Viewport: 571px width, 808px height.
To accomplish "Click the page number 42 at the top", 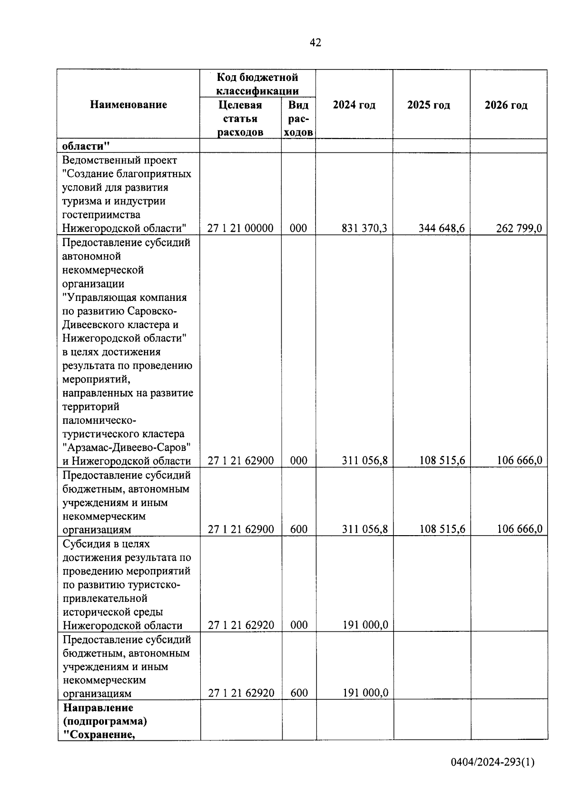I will (x=315, y=43).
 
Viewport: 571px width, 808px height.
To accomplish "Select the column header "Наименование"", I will (x=128, y=105).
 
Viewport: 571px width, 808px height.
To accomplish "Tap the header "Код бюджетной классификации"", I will (x=257, y=84).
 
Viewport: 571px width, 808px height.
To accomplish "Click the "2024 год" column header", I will (x=354, y=105).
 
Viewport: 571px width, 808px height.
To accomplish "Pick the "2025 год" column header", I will (x=429, y=105).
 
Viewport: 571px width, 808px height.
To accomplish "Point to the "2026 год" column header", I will (x=506, y=105).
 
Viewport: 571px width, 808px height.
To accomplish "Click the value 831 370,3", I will (x=364, y=229).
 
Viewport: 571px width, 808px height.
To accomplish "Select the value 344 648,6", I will (x=442, y=229).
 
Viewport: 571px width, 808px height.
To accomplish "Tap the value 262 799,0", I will (x=519, y=229).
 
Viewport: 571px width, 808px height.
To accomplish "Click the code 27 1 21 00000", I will (x=240, y=229).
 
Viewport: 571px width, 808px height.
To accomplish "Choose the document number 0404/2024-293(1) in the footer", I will (x=493, y=762).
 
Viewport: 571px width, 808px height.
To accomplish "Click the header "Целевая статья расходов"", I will (x=240, y=119).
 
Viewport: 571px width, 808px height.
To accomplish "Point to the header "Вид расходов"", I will (x=298, y=119).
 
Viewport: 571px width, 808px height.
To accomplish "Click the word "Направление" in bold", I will (x=98, y=708).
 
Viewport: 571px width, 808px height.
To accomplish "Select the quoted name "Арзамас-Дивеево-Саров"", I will (x=127, y=448).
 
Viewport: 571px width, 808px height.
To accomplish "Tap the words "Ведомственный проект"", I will (x=119, y=160).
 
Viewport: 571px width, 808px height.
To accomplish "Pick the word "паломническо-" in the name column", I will (x=99, y=420).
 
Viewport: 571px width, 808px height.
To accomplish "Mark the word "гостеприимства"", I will (x=101, y=215).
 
